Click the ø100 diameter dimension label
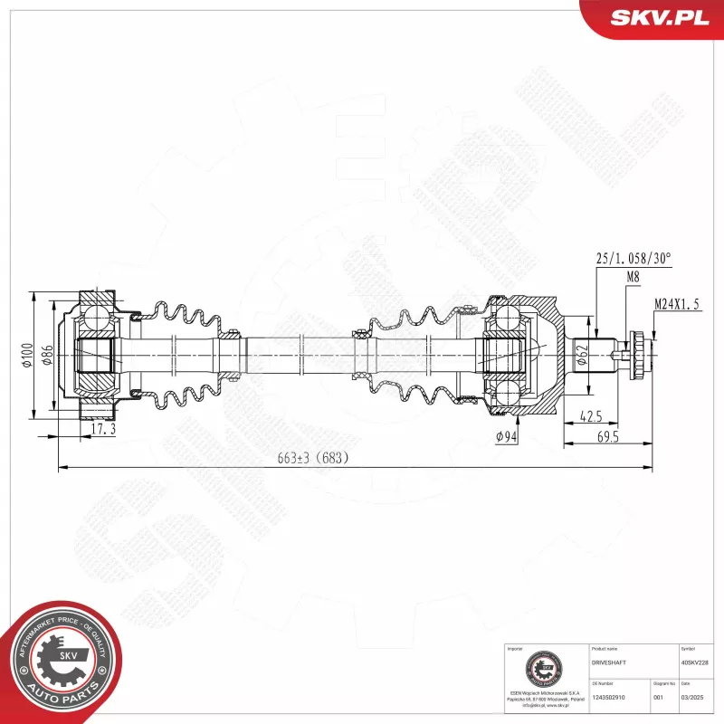[28, 356]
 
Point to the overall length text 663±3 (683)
[312, 458]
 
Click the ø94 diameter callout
[508, 438]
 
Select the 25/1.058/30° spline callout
[633, 259]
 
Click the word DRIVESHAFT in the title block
[608, 663]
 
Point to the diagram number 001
[658, 698]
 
